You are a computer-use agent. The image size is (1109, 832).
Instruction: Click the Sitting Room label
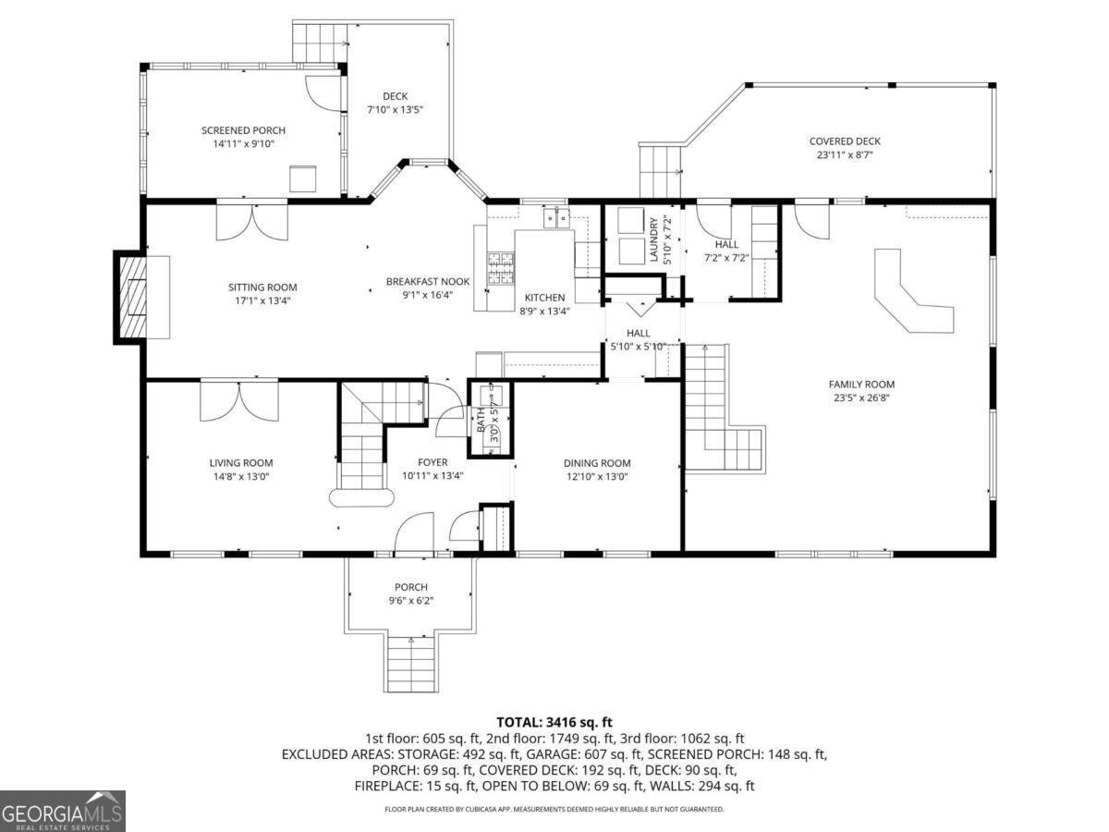(x=263, y=288)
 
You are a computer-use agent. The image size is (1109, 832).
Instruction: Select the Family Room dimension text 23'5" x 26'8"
(x=861, y=398)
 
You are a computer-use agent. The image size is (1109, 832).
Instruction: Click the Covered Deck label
(x=845, y=141)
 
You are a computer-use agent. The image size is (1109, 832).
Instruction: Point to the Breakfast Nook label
(x=428, y=282)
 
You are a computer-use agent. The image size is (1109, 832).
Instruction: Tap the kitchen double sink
(x=557, y=218)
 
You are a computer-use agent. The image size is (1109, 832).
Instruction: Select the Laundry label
(x=653, y=239)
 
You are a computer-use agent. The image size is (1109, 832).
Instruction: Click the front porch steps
(x=409, y=663)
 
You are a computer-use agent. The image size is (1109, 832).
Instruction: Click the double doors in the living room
(x=238, y=399)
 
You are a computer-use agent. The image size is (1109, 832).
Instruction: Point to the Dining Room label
(x=597, y=463)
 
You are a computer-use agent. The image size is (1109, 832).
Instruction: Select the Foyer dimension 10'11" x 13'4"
(x=433, y=476)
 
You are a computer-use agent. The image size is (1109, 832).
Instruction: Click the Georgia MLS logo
(x=63, y=811)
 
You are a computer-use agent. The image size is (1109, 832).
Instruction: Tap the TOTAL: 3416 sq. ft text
(x=554, y=722)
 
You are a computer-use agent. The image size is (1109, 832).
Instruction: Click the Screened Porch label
(x=243, y=130)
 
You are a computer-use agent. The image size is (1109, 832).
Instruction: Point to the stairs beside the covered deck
(x=660, y=171)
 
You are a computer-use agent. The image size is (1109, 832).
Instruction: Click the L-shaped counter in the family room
(x=911, y=295)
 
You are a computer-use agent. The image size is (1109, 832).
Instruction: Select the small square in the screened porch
(x=303, y=177)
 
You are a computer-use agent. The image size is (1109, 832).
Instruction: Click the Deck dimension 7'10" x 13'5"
(x=395, y=110)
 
